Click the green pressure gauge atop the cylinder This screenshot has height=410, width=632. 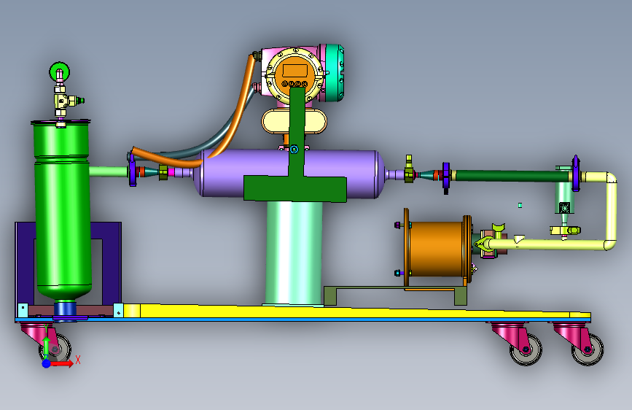(x=59, y=72)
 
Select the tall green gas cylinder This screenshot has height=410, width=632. (x=62, y=210)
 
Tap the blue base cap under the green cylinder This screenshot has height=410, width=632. (x=65, y=309)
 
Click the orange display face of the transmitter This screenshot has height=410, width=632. (x=294, y=74)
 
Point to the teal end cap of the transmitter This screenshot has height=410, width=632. (x=334, y=72)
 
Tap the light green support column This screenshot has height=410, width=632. (x=294, y=253)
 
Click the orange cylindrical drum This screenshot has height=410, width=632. (x=437, y=249)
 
